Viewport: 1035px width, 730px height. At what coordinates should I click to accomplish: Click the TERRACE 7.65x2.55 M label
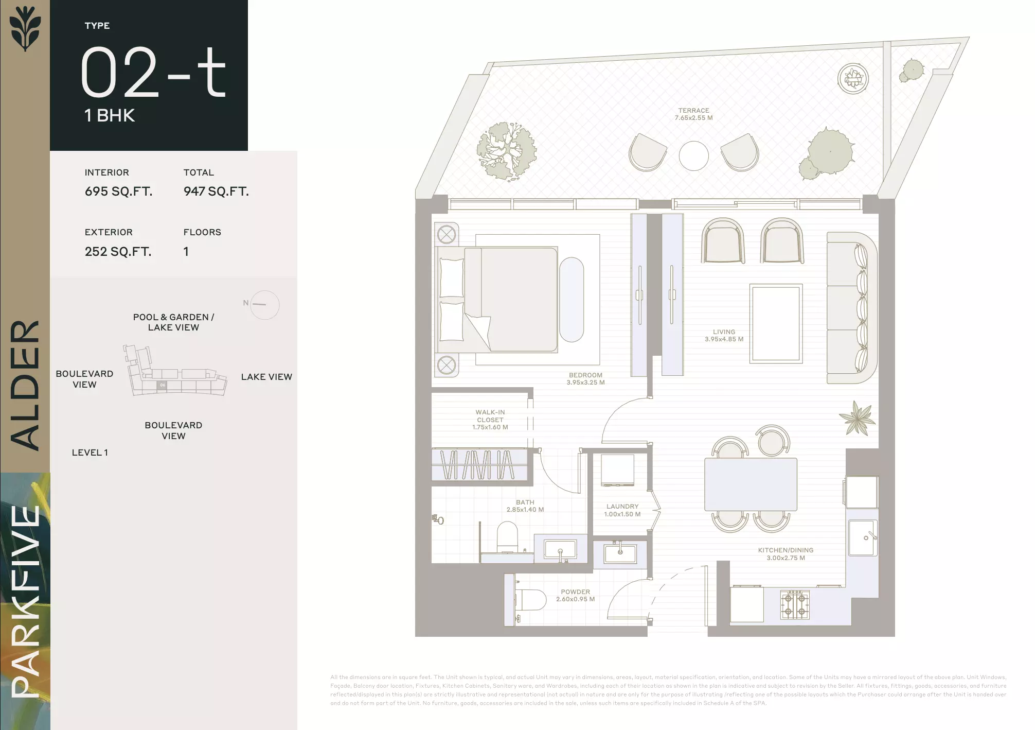(x=693, y=114)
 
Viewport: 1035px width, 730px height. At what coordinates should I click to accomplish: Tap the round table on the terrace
(x=693, y=156)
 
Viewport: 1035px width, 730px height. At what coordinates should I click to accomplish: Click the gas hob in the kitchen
(x=795, y=604)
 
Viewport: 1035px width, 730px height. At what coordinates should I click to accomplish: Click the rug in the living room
(x=776, y=324)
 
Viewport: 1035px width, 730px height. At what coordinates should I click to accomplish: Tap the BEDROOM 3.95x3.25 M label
(x=585, y=379)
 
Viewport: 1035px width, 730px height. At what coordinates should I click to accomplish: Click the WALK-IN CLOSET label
(x=490, y=420)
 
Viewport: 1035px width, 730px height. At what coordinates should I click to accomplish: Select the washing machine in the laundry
(x=617, y=470)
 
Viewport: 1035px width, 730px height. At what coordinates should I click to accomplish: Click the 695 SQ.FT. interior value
(x=118, y=192)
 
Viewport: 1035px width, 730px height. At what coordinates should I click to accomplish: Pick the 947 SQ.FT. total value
(x=216, y=192)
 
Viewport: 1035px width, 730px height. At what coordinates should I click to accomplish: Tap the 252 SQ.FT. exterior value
(x=118, y=252)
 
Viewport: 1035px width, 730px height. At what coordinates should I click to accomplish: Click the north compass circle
(x=265, y=305)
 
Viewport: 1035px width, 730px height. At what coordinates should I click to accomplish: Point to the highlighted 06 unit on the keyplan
(x=162, y=385)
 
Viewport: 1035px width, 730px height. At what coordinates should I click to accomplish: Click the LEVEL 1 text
(x=90, y=453)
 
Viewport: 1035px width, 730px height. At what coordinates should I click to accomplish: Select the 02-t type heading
(x=153, y=72)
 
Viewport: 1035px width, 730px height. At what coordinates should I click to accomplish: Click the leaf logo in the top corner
(x=25, y=28)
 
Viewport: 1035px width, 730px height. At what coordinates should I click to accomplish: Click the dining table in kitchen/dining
(x=751, y=484)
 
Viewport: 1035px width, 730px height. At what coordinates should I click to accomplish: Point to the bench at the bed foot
(x=572, y=300)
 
